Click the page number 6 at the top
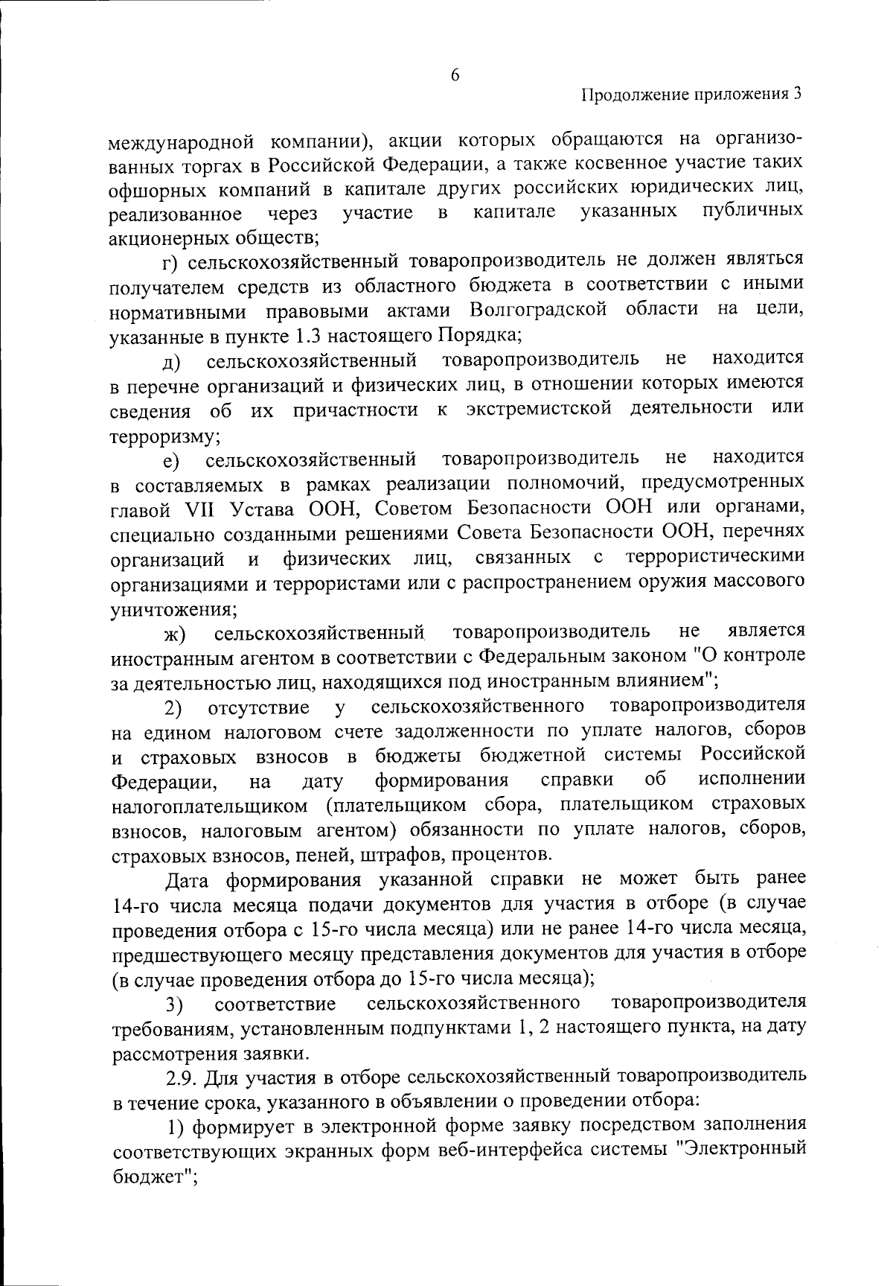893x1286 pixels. [455, 75]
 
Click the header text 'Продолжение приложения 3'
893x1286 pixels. [692, 95]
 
